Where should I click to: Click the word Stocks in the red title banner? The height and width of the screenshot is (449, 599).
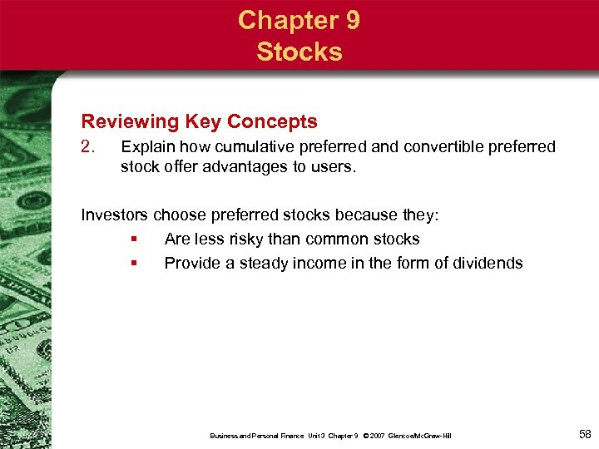299,52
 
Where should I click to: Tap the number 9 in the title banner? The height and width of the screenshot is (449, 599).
351,20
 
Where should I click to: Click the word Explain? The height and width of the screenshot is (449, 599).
146,147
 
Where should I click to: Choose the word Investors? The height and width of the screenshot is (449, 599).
116,215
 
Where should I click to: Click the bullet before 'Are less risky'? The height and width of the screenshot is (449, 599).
133,239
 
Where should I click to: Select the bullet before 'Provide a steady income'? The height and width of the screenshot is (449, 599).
133,264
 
